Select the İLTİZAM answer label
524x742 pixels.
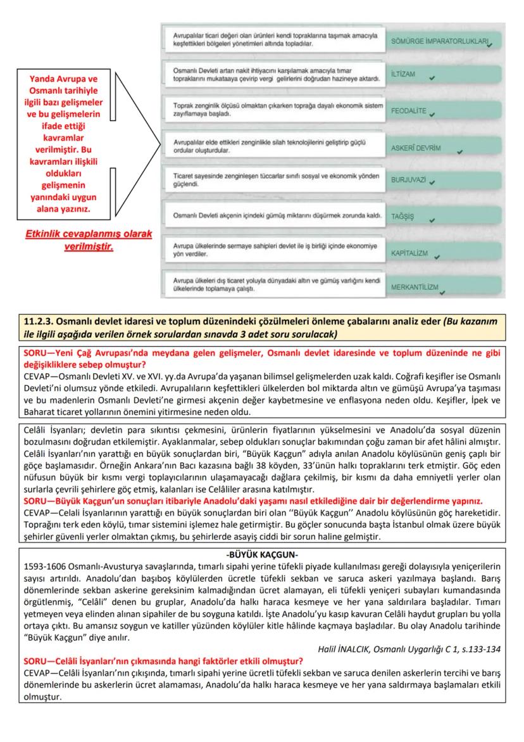pos(404,75)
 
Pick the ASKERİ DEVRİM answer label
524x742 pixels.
pos(416,148)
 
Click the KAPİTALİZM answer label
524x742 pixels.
pos(409,253)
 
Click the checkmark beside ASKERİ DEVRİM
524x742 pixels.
pos(459,151)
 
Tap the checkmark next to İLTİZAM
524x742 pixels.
pos(432,78)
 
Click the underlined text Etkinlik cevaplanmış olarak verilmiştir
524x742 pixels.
pos(89,240)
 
